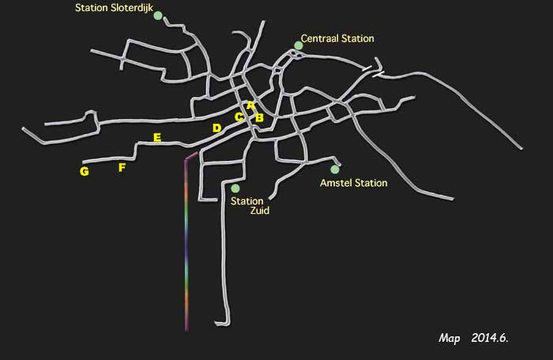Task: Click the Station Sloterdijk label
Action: click(113, 8)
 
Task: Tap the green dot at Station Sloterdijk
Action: click(158, 16)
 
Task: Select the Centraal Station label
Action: click(337, 38)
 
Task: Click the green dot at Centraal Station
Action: click(299, 45)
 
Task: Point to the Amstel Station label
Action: click(353, 183)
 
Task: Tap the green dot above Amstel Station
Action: click(335, 169)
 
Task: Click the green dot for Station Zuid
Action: click(235, 188)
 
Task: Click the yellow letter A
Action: click(251, 105)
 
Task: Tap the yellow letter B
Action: click(258, 118)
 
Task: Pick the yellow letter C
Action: click(239, 118)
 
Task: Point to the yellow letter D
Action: click(216, 128)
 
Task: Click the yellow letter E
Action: click(157, 137)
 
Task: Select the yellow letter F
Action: click(122, 167)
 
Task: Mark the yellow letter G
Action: click(84, 171)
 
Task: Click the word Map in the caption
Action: click(450, 338)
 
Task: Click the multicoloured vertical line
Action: click(186, 245)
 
